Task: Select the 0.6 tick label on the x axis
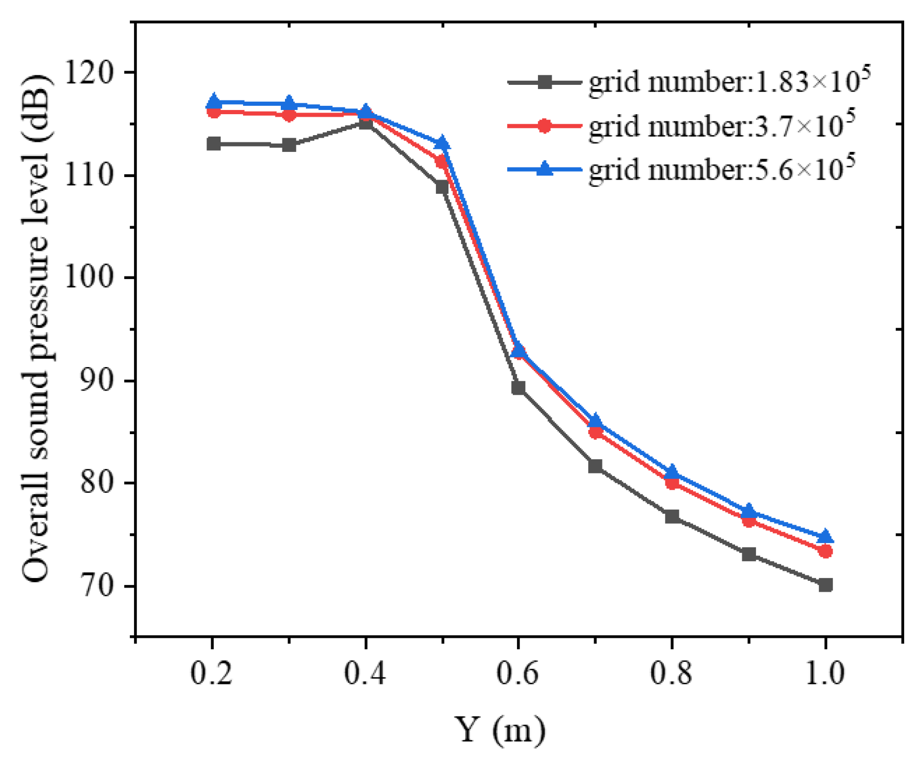(518, 673)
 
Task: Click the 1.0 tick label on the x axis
(825, 673)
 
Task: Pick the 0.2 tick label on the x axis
(212, 673)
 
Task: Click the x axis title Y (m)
(500, 729)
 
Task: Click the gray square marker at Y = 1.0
(826, 584)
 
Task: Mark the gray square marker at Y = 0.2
(213, 143)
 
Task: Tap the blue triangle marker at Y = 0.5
(443, 142)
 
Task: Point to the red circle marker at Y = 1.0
(826, 551)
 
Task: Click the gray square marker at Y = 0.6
(519, 387)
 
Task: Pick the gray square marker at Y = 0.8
(672, 516)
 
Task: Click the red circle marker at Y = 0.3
(289, 114)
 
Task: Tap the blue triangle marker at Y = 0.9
(749, 510)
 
